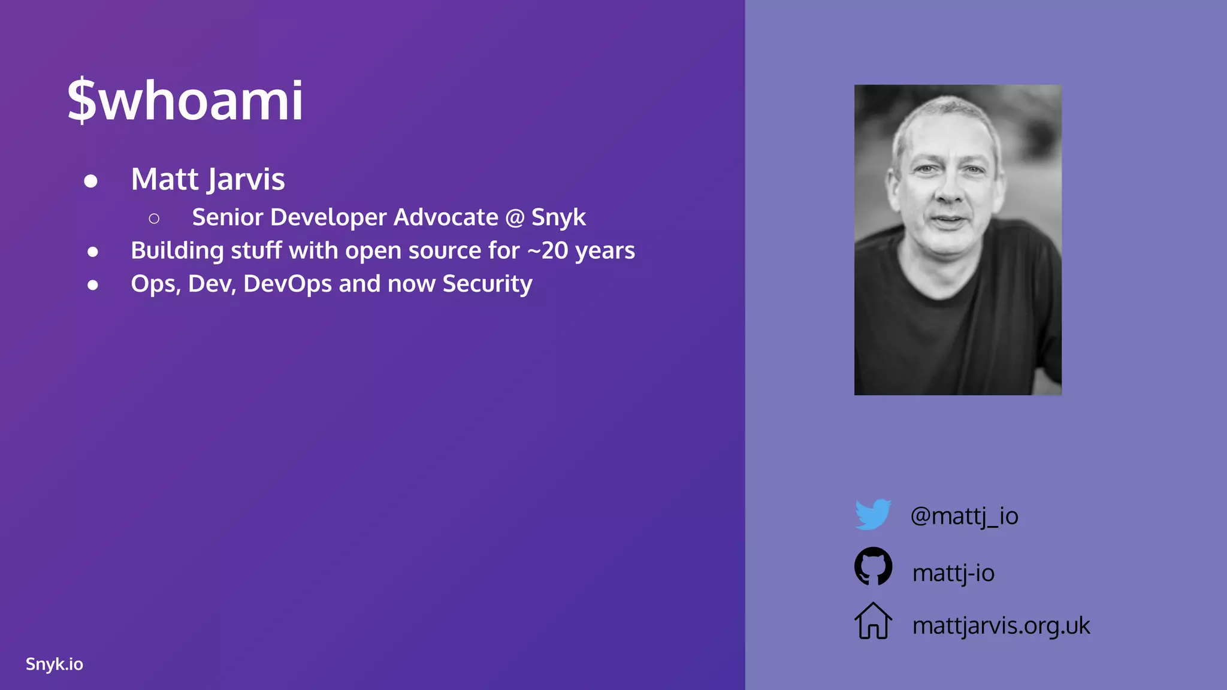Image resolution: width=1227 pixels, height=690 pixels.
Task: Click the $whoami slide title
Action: (185, 100)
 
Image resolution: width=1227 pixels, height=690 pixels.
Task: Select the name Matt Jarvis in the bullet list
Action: (208, 179)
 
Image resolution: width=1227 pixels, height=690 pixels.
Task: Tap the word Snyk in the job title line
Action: (558, 217)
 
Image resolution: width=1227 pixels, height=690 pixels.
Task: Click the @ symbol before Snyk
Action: (515, 217)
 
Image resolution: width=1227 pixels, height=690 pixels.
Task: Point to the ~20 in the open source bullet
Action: (548, 250)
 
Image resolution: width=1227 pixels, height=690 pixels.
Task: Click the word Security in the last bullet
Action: (487, 284)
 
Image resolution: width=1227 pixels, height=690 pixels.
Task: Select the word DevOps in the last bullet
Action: (288, 284)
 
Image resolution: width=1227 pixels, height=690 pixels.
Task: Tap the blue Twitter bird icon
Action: (873, 514)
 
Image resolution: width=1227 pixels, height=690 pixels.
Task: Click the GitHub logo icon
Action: (873, 566)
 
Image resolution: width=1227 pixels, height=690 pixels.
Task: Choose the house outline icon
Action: (873, 621)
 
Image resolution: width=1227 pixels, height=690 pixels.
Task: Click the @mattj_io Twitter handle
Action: (964, 516)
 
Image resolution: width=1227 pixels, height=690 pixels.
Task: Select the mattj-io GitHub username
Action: (953, 573)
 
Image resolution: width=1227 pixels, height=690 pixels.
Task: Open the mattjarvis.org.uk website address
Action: (1001, 625)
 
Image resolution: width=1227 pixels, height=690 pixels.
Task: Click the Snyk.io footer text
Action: (55, 664)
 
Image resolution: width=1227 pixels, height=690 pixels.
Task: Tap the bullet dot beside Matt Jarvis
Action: (91, 181)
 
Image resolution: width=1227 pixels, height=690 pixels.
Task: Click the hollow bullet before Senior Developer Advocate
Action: (154, 219)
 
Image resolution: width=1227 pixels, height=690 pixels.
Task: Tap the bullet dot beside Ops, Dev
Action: (92, 285)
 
